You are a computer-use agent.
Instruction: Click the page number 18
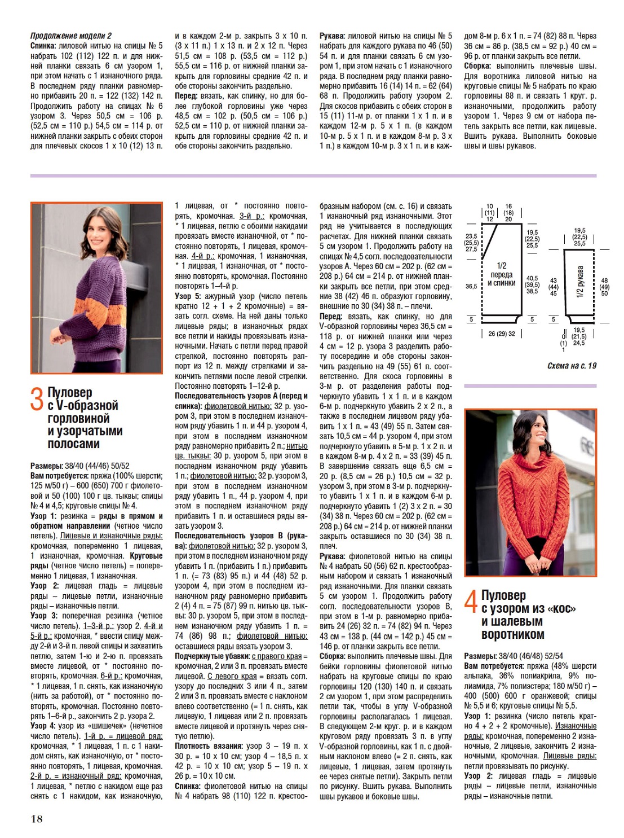tap(37, 819)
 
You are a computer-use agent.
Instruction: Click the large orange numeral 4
tap(471, 602)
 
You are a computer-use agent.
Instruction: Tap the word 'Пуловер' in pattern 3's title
tap(70, 392)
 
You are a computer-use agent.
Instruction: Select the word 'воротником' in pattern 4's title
tap(513, 634)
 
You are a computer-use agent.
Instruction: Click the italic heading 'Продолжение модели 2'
tap(71, 36)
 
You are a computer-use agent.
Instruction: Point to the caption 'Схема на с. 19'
tap(572, 366)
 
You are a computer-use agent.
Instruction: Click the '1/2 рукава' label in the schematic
tap(580, 282)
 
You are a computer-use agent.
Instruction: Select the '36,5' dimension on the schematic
tap(471, 287)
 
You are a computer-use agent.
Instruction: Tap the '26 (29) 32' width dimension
tap(501, 334)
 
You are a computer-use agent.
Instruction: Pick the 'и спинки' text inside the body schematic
tap(502, 283)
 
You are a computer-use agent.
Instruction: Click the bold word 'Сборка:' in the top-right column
tap(477, 66)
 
